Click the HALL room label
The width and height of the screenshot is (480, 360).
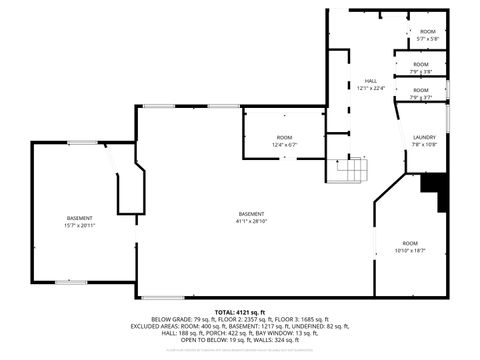tap(370, 80)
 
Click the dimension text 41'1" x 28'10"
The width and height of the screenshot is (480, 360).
tap(252, 222)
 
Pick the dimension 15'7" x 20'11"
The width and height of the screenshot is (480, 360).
tap(80, 225)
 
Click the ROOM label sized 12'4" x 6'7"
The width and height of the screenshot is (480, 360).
tap(285, 137)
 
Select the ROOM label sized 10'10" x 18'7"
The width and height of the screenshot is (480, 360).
tap(410, 243)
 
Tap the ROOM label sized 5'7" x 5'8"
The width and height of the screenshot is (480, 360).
tap(428, 32)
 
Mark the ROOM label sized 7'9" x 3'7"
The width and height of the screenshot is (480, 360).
tap(420, 90)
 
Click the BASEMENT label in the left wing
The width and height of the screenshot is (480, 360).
tap(80, 218)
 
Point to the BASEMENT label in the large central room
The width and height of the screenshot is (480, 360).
tap(252, 215)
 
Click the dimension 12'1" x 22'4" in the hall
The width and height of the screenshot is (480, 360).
tap(370, 87)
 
